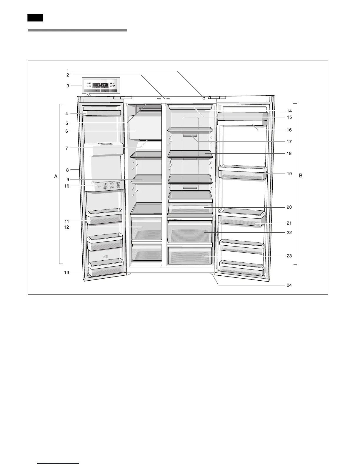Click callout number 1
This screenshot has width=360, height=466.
click(x=68, y=71)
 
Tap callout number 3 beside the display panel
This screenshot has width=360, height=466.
click(x=68, y=86)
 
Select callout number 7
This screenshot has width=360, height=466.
click(x=67, y=148)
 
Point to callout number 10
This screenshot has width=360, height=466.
click(x=67, y=186)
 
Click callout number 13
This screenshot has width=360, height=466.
click(x=67, y=272)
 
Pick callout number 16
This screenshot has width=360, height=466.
click(x=289, y=130)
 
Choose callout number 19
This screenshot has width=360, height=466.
click(x=289, y=174)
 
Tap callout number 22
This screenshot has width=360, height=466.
click(x=289, y=232)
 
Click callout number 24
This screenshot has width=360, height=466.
click(x=289, y=285)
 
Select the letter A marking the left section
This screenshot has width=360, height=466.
click(x=56, y=177)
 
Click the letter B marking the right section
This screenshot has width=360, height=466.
click(x=301, y=176)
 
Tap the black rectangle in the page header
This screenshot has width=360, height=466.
click(x=35, y=18)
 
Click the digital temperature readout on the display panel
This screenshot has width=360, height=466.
click(x=100, y=85)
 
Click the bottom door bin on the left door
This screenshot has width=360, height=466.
click(x=106, y=269)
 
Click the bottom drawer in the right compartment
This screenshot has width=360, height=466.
click(x=190, y=255)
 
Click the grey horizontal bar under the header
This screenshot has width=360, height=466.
click(x=77, y=30)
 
